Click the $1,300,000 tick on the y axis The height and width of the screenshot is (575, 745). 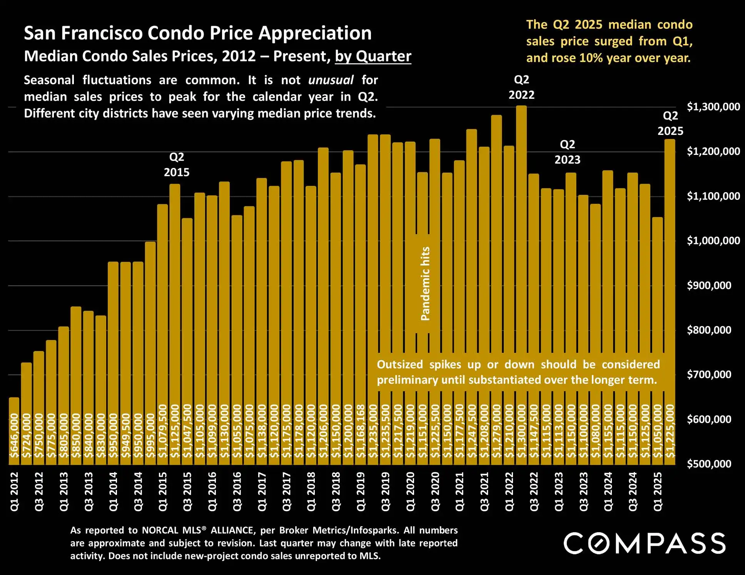713,107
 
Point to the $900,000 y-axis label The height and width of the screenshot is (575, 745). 709,286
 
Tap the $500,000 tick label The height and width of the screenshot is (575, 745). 709,464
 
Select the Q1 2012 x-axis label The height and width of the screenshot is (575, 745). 14,492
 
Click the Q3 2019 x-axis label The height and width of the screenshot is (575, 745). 385,492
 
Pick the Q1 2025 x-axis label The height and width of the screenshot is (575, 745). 658,492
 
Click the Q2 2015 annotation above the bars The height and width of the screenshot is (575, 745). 177,165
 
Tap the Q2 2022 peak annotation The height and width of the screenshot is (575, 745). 521,87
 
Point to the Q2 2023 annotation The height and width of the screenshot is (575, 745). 567,152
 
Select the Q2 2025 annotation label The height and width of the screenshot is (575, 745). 670,123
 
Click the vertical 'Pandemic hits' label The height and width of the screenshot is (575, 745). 425,284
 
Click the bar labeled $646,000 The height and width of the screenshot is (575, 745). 14,430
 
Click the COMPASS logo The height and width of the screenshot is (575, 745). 645,543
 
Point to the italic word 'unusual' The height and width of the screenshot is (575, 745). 331,80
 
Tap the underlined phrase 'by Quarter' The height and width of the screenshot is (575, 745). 373,57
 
